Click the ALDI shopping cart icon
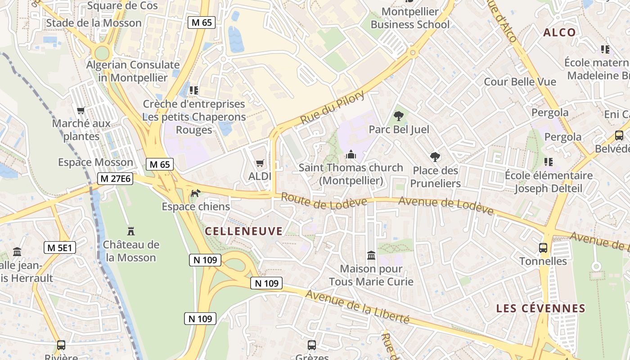click(260, 163)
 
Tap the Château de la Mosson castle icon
click(131, 231)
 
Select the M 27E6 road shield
click(115, 179)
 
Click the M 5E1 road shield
click(60, 247)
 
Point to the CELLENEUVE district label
click(244, 231)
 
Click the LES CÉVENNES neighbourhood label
click(540, 308)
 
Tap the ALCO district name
click(559, 32)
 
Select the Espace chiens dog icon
click(195, 193)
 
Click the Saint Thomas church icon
click(351, 155)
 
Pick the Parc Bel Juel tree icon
click(399, 116)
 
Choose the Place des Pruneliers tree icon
click(435, 157)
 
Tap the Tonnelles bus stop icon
click(543, 247)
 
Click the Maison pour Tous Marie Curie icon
click(371, 256)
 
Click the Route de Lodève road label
click(324, 201)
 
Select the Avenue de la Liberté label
click(357, 307)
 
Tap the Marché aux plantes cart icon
click(81, 110)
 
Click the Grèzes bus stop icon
click(311, 345)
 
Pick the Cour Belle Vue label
click(520, 82)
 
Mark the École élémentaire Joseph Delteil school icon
click(548, 162)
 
